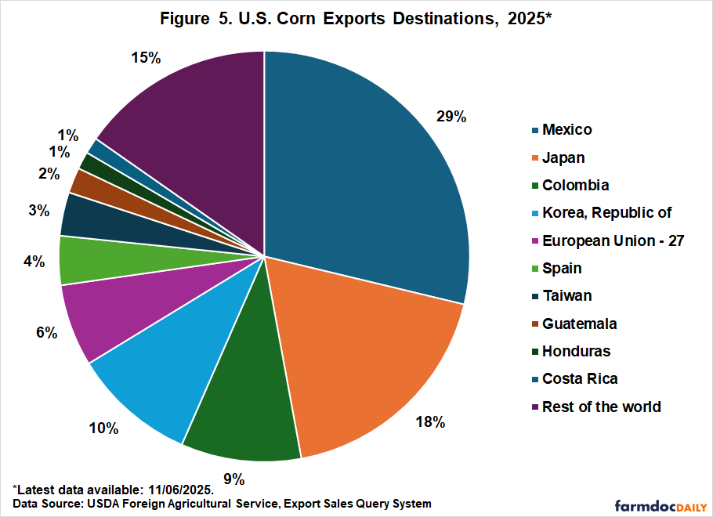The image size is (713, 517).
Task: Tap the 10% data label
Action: pyautogui.click(x=103, y=428)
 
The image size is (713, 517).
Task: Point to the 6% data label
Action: pyautogui.click(x=46, y=333)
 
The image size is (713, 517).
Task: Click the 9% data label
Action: pyautogui.click(x=234, y=479)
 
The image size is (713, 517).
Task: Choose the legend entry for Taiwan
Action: pyautogui.click(x=566, y=296)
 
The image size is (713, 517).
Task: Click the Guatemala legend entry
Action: pyautogui.click(x=579, y=324)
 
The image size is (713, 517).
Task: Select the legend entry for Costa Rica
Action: pyautogui.click(x=579, y=379)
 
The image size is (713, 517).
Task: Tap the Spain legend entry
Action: pyautogui.click(x=562, y=268)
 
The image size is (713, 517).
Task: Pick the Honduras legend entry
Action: pyautogui.click(x=576, y=351)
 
